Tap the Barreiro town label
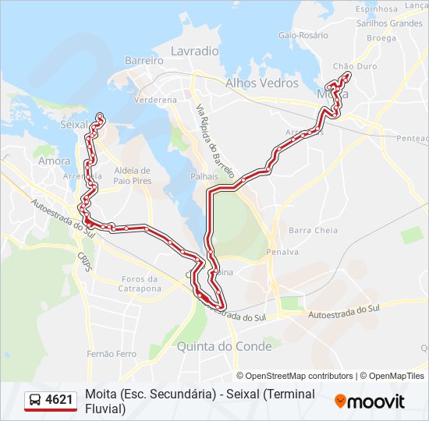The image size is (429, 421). [x=144, y=60]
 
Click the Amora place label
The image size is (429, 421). [x=54, y=161]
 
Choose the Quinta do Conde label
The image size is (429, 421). [x=225, y=345]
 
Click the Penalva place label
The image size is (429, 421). [x=282, y=252]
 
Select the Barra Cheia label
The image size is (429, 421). [x=313, y=230]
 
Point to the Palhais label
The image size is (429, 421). [x=204, y=177]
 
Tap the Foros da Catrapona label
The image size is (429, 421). [x=142, y=284]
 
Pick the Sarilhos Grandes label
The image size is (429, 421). [x=388, y=23]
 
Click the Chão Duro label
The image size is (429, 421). [x=354, y=67]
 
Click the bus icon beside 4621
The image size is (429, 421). [x=35, y=401]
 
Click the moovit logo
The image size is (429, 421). [x=370, y=401]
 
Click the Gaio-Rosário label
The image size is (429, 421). [x=303, y=35]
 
